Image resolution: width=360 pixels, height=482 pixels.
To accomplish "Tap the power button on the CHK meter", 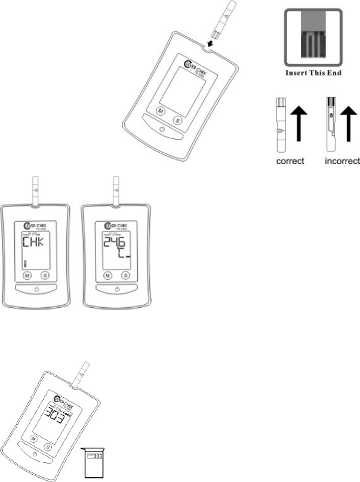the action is pyautogui.click(x=36, y=289).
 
